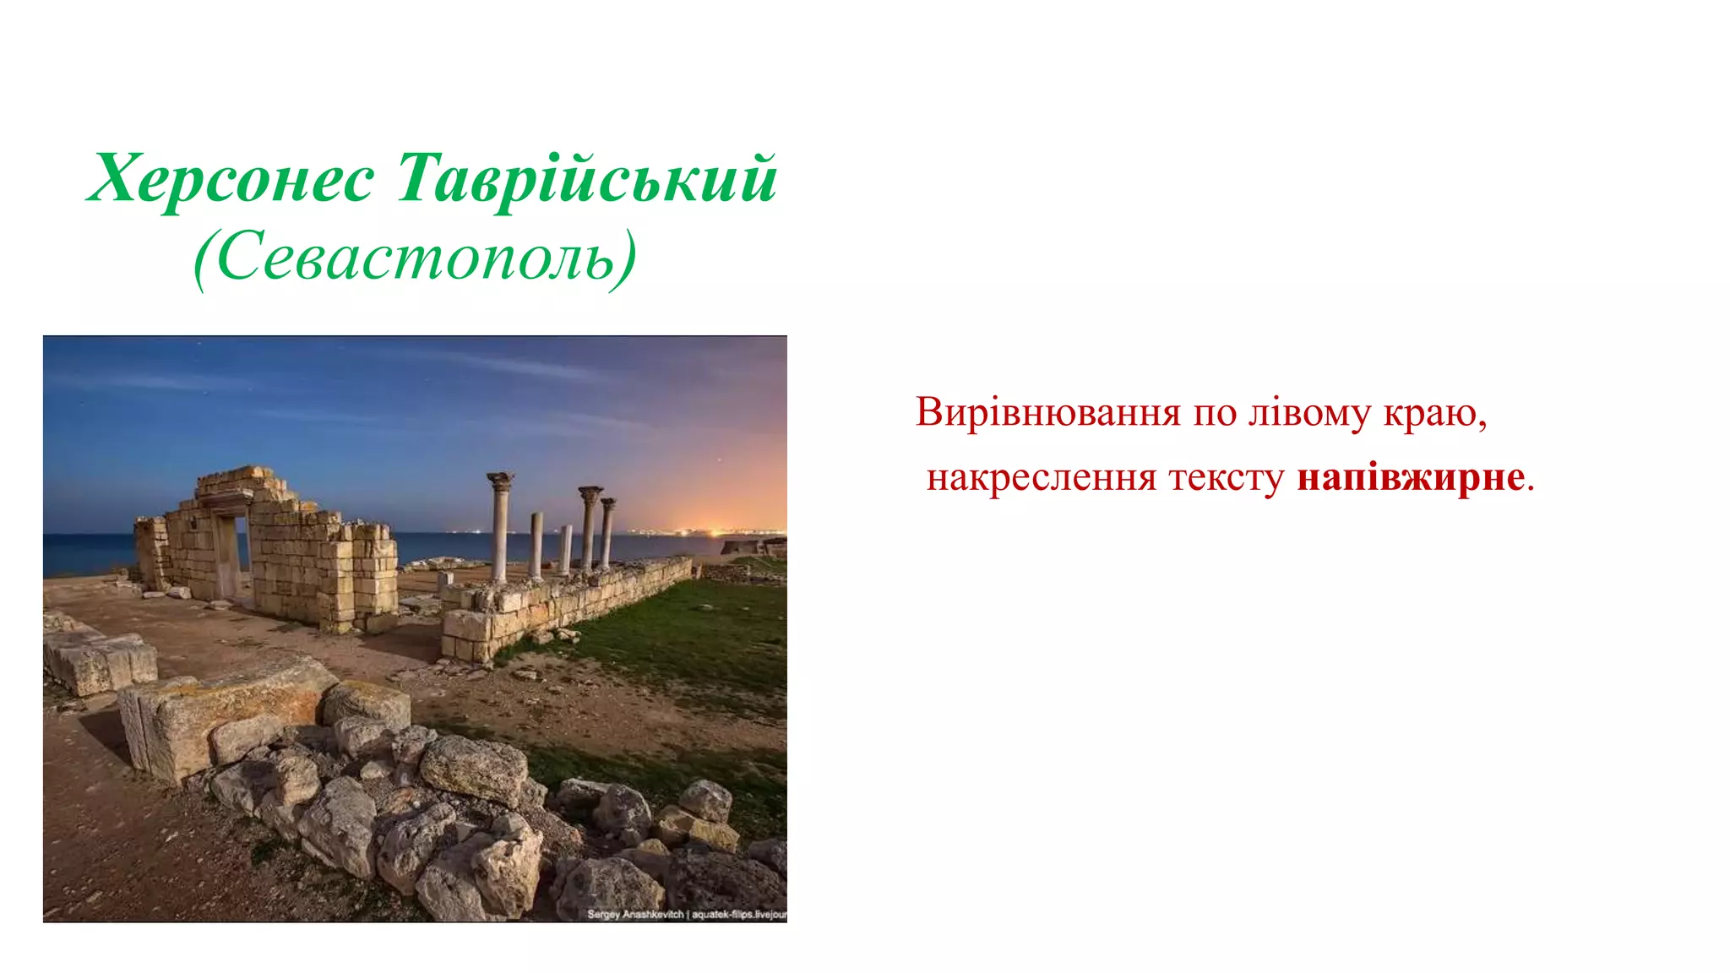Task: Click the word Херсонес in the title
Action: (x=231, y=179)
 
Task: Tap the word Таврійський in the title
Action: (x=586, y=179)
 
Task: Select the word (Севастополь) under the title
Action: (x=415, y=257)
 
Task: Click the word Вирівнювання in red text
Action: (x=1047, y=413)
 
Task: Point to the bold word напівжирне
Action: (x=1411, y=477)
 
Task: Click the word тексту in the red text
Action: (x=1226, y=478)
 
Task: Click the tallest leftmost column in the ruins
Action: (x=499, y=528)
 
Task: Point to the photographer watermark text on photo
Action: (x=686, y=914)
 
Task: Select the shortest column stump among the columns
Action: (x=565, y=549)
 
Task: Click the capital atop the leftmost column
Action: (x=500, y=481)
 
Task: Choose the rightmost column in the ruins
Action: (x=607, y=532)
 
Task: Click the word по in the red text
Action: (x=1214, y=413)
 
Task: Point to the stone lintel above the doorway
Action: (x=226, y=500)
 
